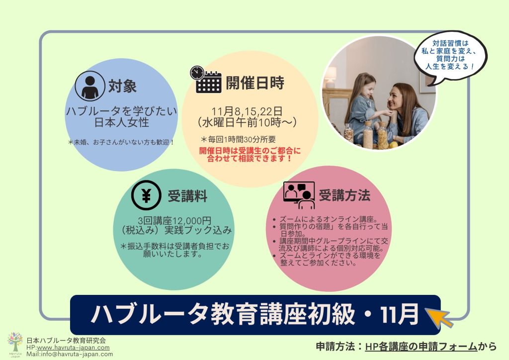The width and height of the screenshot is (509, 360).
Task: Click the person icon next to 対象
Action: click(90, 86)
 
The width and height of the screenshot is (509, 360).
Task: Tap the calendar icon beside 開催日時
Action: click(206, 80)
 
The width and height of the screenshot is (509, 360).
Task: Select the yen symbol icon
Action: click(146, 195)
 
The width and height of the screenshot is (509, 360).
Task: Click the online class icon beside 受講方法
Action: click(299, 195)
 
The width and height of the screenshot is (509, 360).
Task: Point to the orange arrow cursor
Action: click(438, 317)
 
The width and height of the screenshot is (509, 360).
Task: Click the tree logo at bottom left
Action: click(15, 344)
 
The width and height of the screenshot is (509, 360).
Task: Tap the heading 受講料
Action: click(187, 196)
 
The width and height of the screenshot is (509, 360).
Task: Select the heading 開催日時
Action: click(255, 83)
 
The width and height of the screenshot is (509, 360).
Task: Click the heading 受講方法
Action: click(344, 195)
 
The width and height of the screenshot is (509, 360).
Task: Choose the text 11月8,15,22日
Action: click(247, 111)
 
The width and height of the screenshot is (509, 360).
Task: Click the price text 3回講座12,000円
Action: click(174, 221)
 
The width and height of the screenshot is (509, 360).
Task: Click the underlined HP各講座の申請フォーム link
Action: click(421, 347)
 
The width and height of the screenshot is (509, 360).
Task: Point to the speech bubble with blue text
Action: click(450, 57)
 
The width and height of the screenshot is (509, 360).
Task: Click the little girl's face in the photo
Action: click(367, 90)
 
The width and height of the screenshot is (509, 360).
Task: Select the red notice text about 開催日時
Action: click(250, 155)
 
